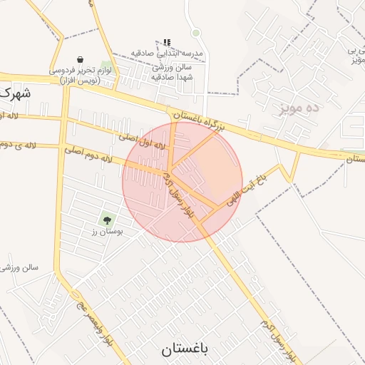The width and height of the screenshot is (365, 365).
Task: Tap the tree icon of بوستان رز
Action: point(108,220)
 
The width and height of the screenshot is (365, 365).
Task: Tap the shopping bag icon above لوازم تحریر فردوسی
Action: point(79,60)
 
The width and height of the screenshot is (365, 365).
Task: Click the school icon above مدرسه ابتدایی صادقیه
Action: point(167,43)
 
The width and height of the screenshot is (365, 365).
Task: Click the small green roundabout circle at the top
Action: point(195,33)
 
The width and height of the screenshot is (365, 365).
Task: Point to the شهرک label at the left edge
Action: point(16,93)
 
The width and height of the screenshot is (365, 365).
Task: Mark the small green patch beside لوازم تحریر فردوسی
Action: point(106,68)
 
